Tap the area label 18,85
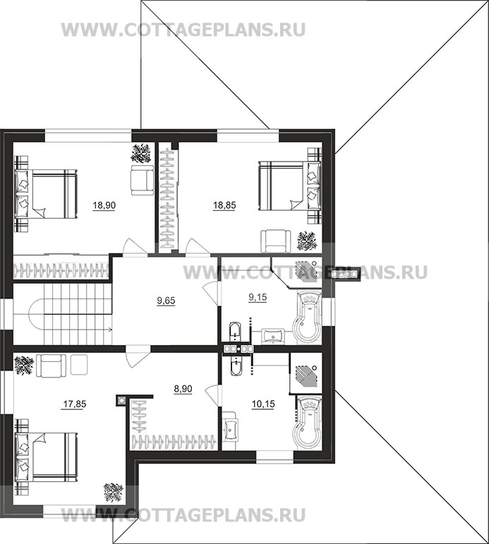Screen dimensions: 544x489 coord(224,206)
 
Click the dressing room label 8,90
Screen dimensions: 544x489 coord(184,388)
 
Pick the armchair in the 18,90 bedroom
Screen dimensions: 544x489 coord(142,181)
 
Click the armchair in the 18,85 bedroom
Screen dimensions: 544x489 coord(274,241)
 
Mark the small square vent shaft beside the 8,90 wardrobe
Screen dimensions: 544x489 coord(121,400)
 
